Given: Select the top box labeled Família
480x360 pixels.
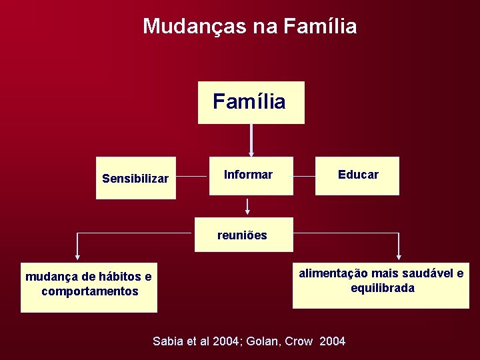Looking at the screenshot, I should tap(251, 103).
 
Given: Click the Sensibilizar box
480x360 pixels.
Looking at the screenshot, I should tap(135, 178).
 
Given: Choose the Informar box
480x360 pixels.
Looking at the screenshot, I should tap(251, 175).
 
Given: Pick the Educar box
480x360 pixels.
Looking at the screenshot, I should tap(357, 175).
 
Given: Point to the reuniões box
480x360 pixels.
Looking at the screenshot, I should tap(243, 235).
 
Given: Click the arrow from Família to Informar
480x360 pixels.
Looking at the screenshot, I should tap(251, 140).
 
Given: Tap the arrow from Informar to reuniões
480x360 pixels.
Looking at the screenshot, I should tap(247, 206).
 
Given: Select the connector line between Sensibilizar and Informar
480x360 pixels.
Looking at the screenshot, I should tap(193, 177).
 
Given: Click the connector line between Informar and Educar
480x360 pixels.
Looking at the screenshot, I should tap(304, 177).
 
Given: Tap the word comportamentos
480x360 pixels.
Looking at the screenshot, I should tap(89, 291).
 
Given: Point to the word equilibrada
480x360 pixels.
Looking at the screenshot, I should tap(383, 288).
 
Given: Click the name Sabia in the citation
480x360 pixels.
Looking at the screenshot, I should tap(167, 341).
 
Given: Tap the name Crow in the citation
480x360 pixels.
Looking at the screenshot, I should tap(299, 341).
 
